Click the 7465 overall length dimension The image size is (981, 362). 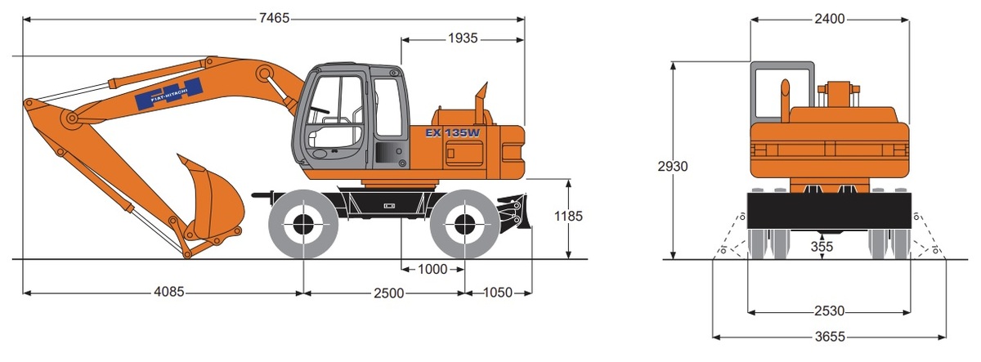tap(274, 18)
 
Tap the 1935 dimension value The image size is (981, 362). tap(463, 38)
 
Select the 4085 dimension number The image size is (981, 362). tap(169, 292)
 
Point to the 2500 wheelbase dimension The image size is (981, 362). tap(389, 293)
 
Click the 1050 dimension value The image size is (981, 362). tap(498, 292)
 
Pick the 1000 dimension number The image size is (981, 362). tap(432, 269)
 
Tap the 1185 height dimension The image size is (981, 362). tap(568, 216)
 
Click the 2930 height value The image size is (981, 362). tap(673, 167)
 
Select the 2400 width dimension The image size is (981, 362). tap(830, 19)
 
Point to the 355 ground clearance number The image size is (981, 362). tap(822, 247)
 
